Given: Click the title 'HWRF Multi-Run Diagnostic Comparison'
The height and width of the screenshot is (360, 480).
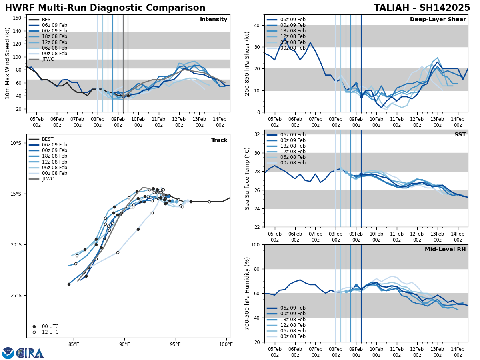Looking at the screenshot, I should pyautogui.click(x=105, y=8).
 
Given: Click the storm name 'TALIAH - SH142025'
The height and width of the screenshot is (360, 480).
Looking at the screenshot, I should pyautogui.click(x=422, y=8).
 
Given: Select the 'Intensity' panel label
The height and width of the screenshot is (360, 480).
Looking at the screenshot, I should pyautogui.click(x=213, y=20).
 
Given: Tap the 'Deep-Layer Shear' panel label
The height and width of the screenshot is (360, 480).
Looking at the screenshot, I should pyautogui.click(x=438, y=20).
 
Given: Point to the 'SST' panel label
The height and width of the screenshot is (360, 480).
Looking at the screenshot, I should pyautogui.click(x=460, y=135).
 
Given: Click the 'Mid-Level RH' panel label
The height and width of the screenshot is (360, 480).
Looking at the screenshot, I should pyautogui.click(x=445, y=250).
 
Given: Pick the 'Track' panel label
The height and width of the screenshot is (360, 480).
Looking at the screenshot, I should pyautogui.click(x=219, y=140).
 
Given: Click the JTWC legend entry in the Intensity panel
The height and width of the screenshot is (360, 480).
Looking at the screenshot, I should pyautogui.click(x=48, y=59).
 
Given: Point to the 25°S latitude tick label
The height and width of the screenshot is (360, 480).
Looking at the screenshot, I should pyautogui.click(x=16, y=296).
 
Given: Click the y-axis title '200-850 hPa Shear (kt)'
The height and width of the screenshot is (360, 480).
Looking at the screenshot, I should pyautogui.click(x=248, y=63).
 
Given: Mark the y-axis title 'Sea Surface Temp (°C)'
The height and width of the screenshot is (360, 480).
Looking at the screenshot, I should pyautogui.click(x=248, y=178).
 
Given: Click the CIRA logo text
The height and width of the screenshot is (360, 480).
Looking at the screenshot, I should pyautogui.click(x=30, y=353).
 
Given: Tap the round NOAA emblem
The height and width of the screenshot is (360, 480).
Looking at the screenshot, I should pyautogui.click(x=8, y=353).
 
